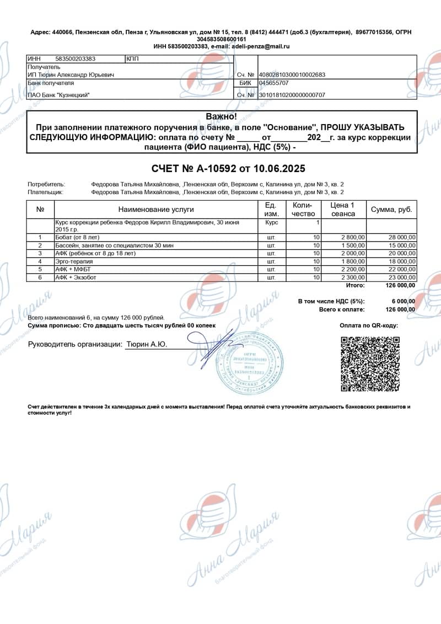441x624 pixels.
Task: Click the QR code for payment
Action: [369, 364]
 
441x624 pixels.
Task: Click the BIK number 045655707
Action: [274, 83]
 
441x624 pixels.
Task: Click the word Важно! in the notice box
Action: [221, 116]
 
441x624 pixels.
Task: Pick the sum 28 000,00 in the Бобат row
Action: [401, 237]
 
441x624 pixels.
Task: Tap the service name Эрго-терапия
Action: [74, 261]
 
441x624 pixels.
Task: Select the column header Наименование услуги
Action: [156, 210]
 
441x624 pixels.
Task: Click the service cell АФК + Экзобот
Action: [76, 277]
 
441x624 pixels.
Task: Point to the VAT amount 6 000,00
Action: [403, 301]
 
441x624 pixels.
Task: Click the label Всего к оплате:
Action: [342, 310]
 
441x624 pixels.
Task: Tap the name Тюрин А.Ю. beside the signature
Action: [147, 344]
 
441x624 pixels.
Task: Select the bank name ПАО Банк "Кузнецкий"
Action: [58, 95]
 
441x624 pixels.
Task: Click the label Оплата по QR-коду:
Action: [369, 326]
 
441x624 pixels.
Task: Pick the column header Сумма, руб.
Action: [391, 210]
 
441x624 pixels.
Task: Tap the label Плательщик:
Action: [46, 192]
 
